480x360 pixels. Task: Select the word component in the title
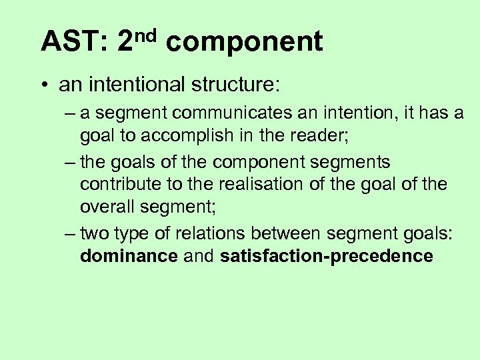[244, 43]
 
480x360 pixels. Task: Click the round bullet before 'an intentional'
[44, 86]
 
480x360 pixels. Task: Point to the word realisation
[265, 184]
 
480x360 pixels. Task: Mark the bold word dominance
[129, 257]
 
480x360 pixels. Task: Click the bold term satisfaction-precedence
[326, 257]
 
